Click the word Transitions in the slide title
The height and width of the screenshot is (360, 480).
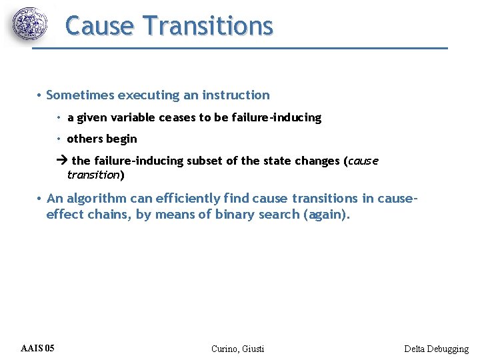208,26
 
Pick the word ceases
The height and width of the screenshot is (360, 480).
177,117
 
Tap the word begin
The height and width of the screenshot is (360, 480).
123,139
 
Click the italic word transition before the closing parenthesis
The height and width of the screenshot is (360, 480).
93,175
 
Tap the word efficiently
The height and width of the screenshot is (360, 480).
187,198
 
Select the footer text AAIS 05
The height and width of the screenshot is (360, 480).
38,348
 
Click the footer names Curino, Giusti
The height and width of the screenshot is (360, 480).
237,349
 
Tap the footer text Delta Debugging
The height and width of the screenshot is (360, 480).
436,349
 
